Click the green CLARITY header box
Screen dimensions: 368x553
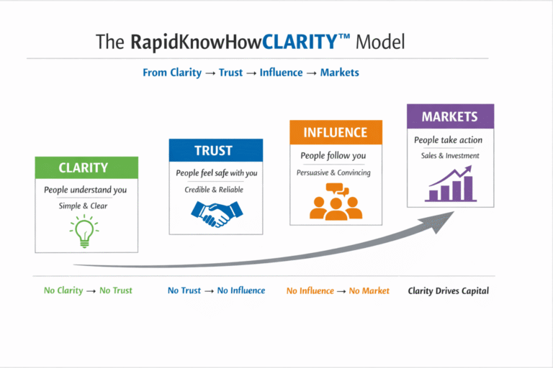click(x=86, y=167)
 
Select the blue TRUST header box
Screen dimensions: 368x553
click(x=215, y=150)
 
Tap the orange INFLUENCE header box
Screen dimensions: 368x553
click(x=336, y=132)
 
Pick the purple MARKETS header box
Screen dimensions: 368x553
click(x=450, y=116)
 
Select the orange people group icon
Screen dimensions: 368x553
click(x=336, y=202)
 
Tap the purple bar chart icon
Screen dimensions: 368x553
click(x=450, y=183)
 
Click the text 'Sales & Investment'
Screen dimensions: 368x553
click(x=450, y=156)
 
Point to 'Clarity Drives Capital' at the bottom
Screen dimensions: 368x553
click(x=448, y=291)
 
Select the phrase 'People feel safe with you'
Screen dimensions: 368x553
click(x=216, y=173)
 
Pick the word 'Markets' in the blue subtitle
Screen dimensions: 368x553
click(x=340, y=73)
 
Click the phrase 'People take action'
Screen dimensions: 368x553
click(x=448, y=140)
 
